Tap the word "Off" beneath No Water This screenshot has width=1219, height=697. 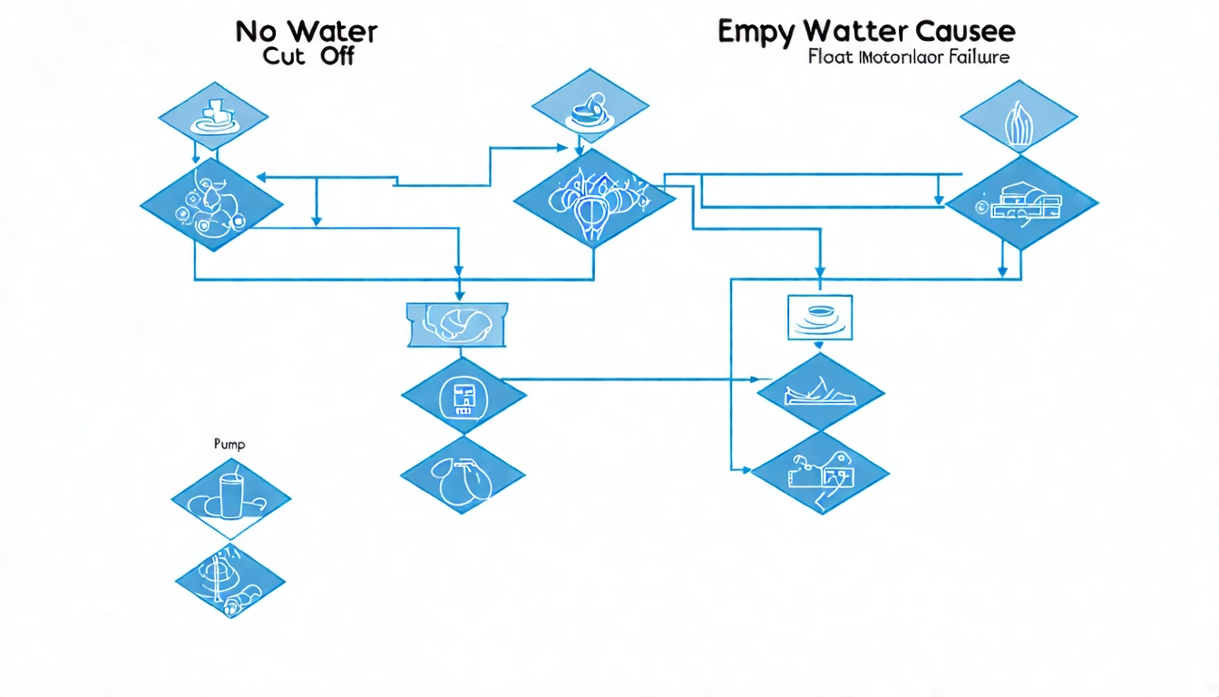(x=335, y=56)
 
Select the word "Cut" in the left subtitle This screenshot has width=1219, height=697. (x=286, y=56)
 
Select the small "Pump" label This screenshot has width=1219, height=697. (x=229, y=446)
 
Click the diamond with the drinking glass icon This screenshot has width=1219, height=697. (x=231, y=496)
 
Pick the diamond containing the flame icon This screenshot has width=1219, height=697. (x=1019, y=119)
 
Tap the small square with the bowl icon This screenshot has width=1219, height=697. (x=821, y=317)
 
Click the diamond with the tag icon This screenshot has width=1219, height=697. (x=820, y=471)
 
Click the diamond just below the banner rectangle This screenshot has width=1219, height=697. (x=463, y=395)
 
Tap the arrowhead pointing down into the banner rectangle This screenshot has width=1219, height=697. (x=459, y=295)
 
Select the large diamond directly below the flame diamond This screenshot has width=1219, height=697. (x=1021, y=202)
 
